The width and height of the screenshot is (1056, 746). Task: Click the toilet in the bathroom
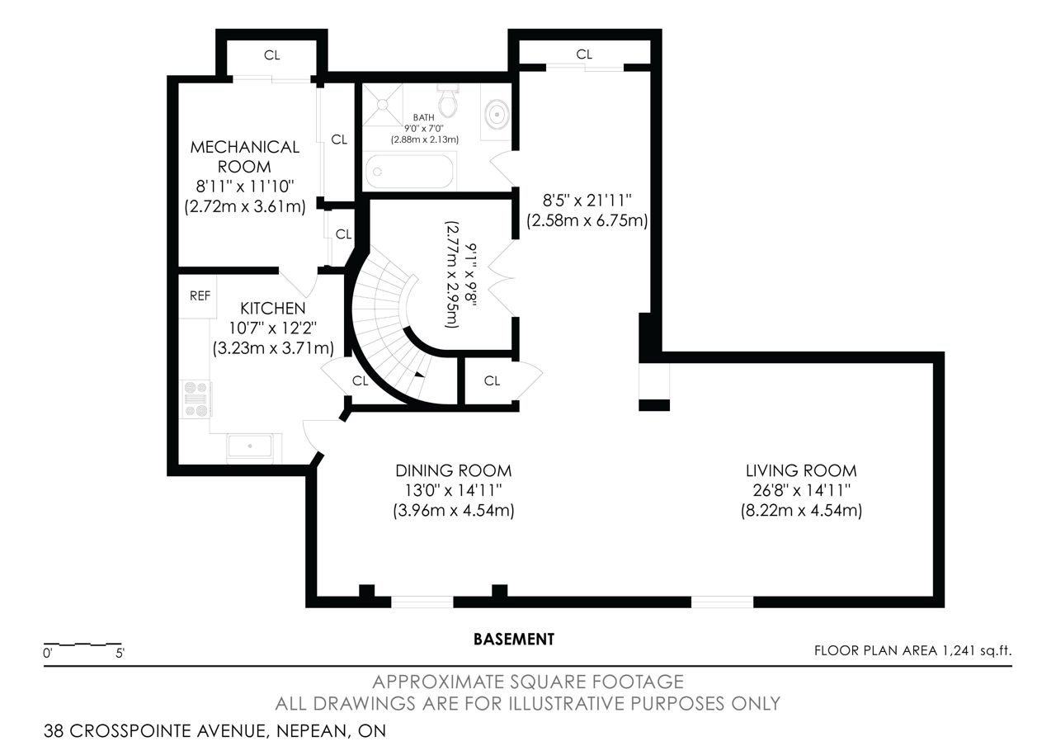(447, 101)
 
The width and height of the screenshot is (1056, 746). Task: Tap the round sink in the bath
(497, 114)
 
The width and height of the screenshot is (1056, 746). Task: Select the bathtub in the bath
(410, 171)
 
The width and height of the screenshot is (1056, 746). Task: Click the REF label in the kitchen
(200, 295)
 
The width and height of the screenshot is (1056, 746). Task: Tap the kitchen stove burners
(197, 399)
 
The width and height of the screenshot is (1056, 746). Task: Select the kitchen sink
(249, 446)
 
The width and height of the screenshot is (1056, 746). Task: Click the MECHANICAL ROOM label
(245, 157)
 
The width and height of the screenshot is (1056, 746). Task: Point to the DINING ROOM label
(454, 470)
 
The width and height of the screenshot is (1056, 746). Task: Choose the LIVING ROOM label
(801, 470)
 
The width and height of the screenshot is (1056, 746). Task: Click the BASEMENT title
(514, 639)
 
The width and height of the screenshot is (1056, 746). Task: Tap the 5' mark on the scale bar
(120, 654)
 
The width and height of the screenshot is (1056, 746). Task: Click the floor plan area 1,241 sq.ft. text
(913, 651)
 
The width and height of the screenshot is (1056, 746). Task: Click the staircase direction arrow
(419, 375)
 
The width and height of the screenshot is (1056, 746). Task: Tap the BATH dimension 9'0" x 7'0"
(424, 128)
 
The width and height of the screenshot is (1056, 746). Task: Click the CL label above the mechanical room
(272, 55)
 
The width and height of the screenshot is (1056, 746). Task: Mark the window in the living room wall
(722, 602)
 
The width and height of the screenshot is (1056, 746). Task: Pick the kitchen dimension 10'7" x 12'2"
(273, 328)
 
